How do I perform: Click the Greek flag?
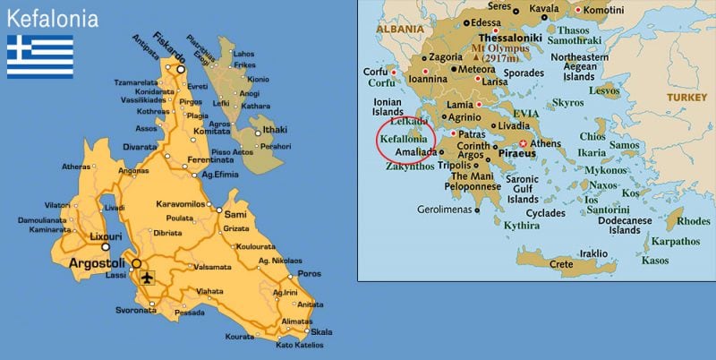(x=40, y=56)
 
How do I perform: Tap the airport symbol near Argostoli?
(x=147, y=276)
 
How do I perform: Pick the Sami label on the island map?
(x=236, y=215)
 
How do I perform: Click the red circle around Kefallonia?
(x=405, y=140)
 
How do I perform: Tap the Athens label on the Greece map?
(x=545, y=143)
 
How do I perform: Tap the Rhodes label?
(x=694, y=221)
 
